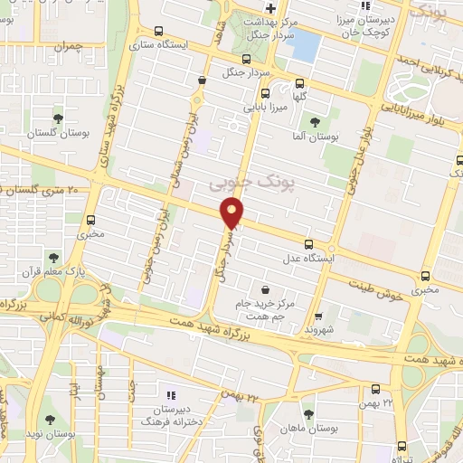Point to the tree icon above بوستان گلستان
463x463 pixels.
pos(58,118)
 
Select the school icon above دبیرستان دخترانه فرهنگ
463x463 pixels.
pos(171,394)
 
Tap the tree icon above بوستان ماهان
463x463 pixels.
pos(307,413)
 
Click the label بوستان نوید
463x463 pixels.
pos(46,432)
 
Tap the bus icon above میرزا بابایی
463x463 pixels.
pos(265,92)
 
